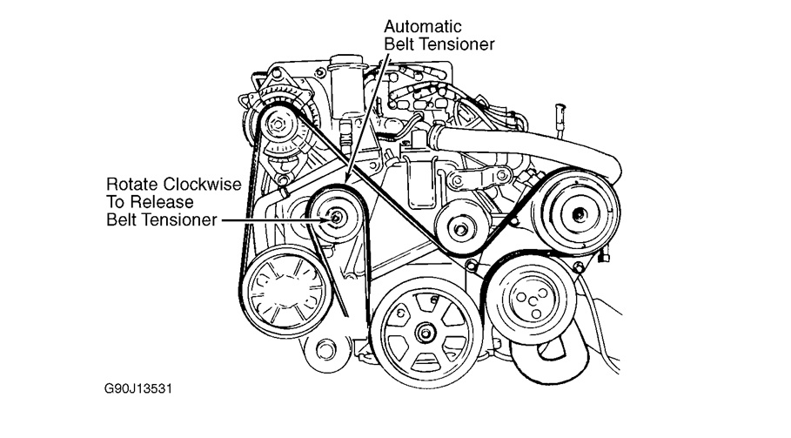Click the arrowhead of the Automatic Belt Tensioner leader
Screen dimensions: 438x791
point(346,180)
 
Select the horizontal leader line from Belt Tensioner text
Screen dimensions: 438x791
point(270,219)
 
